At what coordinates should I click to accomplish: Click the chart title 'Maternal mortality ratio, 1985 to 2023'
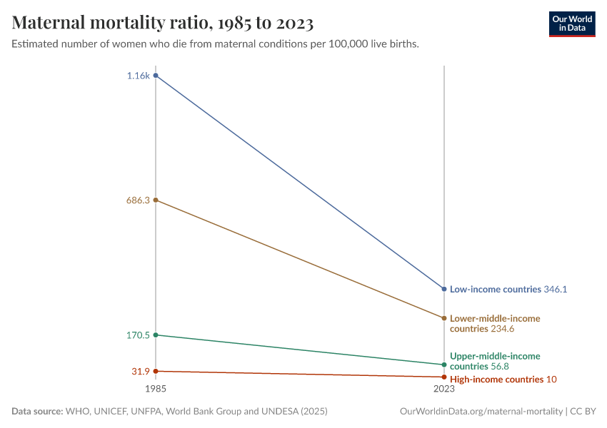click(163, 24)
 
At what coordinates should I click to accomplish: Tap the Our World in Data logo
click(571, 24)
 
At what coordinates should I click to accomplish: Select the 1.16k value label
click(139, 76)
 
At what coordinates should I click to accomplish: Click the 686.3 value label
click(137, 200)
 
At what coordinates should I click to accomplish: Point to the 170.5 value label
click(137, 335)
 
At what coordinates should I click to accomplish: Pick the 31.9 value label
click(139, 371)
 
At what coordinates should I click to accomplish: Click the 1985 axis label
click(156, 389)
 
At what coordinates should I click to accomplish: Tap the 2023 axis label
click(444, 389)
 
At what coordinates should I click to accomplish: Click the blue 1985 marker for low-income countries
click(156, 76)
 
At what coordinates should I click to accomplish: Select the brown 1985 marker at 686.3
click(156, 200)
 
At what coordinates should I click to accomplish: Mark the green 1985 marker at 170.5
click(156, 335)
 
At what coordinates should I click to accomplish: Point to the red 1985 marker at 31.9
click(156, 371)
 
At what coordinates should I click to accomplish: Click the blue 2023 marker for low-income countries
click(444, 289)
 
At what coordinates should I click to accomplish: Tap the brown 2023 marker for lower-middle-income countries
click(444, 318)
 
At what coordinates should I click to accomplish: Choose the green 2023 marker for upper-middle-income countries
click(444, 365)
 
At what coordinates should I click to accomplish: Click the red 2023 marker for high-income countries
click(444, 377)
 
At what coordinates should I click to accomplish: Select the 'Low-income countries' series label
click(495, 290)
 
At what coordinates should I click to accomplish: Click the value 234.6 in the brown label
click(503, 329)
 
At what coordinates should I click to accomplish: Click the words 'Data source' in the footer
click(36, 412)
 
